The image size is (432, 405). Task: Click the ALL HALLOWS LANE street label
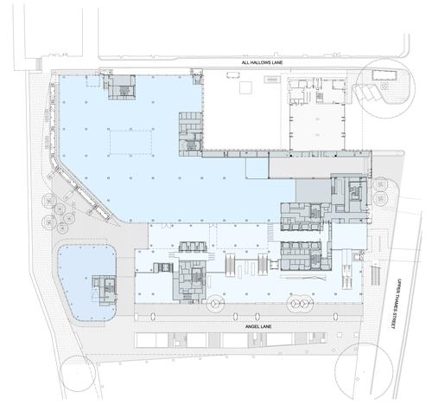[262, 62]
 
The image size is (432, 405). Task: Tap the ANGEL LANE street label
[258, 326]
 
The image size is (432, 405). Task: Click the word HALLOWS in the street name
[262, 62]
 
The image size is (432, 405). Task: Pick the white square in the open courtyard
[245, 87]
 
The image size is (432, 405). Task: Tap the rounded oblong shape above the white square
[233, 75]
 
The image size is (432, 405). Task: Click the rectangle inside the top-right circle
[385, 75]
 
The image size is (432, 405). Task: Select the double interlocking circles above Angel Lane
[300, 303]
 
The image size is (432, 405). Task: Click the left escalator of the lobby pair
[230, 265]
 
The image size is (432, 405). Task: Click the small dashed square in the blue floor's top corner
[92, 80]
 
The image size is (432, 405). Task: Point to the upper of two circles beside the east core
[380, 185]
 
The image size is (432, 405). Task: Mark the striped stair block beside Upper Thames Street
[375, 276]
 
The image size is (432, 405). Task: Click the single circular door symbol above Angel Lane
[215, 303]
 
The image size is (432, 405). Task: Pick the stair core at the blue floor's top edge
[122, 87]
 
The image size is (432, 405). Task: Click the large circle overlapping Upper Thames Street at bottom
[365, 370]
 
